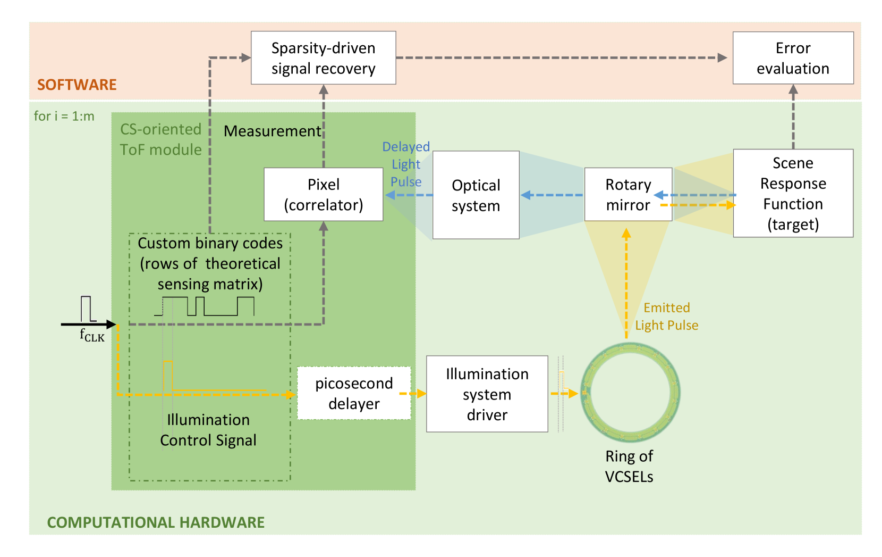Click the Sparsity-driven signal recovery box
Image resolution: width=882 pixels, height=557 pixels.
323,58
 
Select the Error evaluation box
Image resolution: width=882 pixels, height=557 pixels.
793,58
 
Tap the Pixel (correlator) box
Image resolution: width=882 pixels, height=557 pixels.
323,194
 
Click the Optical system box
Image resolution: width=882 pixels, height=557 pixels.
476,195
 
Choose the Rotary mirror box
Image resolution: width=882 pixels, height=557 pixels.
628,194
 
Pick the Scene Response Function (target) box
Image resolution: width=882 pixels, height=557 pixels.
793,193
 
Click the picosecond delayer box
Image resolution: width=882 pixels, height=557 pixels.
354,393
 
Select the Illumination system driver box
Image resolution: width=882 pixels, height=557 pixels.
487,394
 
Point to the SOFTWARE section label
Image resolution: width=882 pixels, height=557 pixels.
77,85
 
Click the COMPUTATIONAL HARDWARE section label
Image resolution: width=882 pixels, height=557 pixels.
156,522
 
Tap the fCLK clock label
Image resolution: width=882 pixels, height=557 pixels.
92,335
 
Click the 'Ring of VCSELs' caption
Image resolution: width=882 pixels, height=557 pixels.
629,466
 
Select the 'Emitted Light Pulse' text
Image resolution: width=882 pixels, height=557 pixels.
667,317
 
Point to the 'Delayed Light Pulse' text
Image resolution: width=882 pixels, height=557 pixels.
406,164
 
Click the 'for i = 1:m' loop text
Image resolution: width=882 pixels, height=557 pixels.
64,116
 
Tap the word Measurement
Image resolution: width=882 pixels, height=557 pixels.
272,131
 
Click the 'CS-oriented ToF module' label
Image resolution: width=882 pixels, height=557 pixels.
160,139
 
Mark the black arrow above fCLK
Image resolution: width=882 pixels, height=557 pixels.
88,324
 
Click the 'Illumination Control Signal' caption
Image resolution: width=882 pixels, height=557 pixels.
208,430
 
